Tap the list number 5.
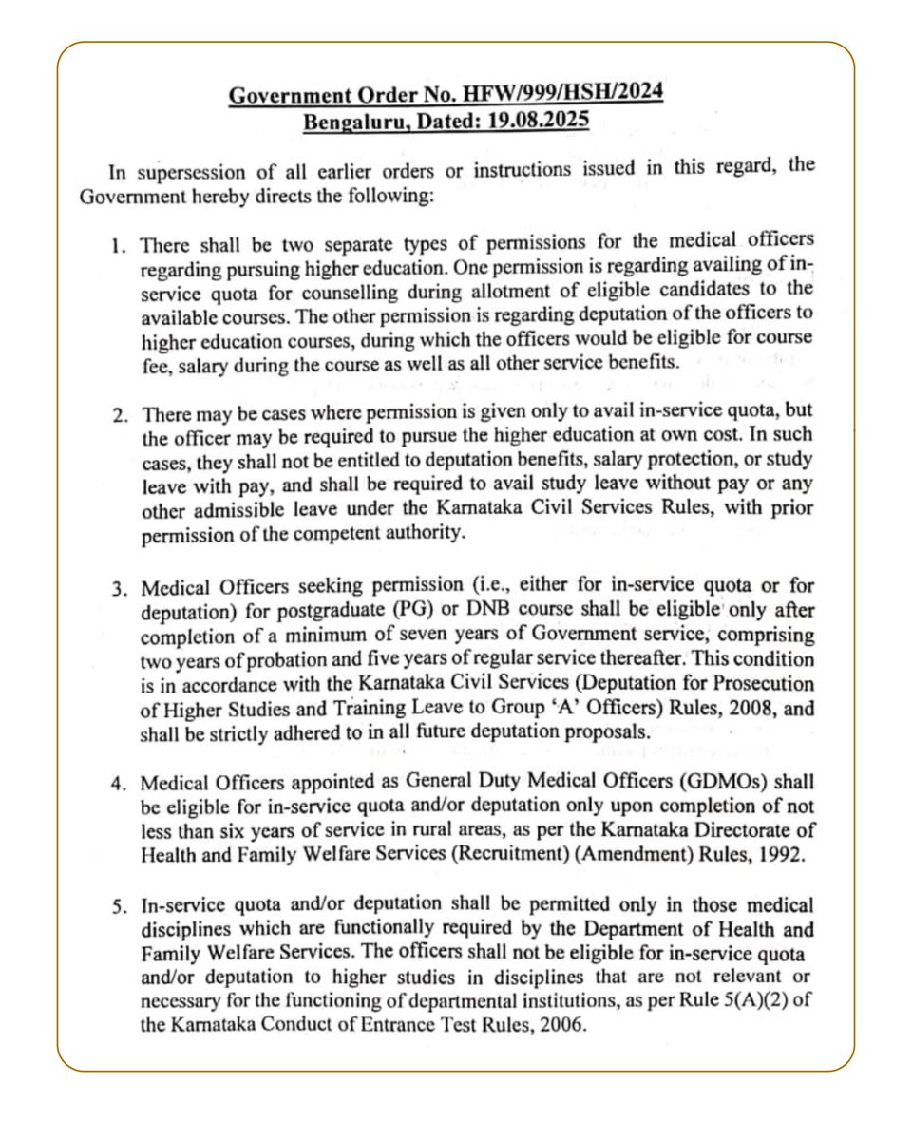pyautogui.click(x=120, y=906)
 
